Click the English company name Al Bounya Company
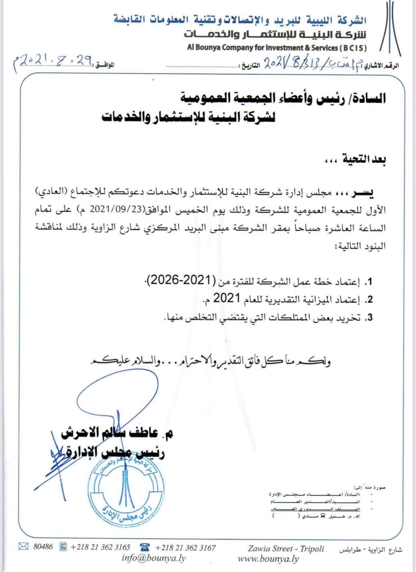tap(277, 48)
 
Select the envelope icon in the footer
tap(23, 547)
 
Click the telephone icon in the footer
tap(145, 547)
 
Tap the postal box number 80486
tap(43, 547)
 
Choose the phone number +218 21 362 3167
tap(185, 548)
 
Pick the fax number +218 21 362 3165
tap(100, 547)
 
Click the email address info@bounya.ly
tap(153, 558)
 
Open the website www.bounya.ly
tap(268, 559)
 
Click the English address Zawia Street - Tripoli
tap(286, 549)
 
